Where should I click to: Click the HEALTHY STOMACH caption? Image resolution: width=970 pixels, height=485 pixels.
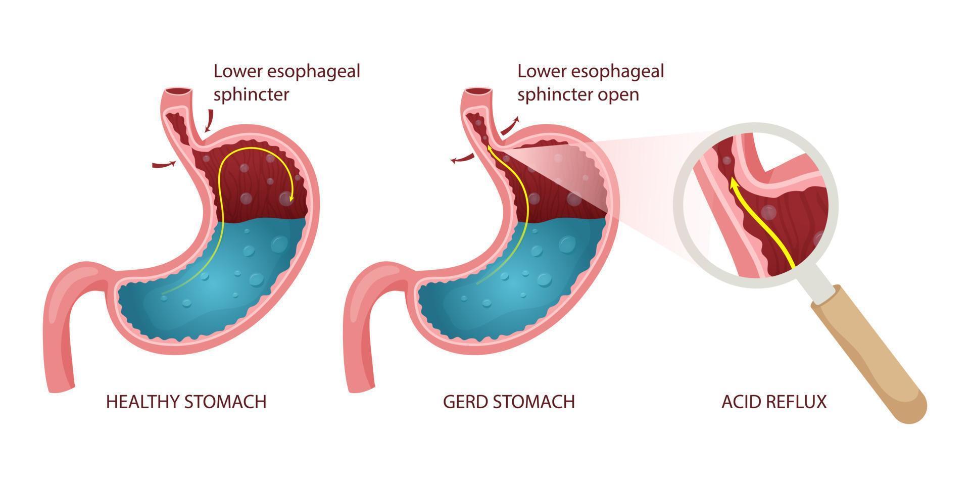[186, 402]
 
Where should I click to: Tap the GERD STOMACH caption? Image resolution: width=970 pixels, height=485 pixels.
[509, 402]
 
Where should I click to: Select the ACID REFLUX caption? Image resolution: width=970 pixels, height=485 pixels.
[774, 402]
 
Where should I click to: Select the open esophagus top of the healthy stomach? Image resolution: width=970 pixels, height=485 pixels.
[179, 93]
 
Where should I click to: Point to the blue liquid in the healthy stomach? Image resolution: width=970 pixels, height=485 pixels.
[217, 283]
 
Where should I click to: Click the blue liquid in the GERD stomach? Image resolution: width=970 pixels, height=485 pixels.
[515, 283]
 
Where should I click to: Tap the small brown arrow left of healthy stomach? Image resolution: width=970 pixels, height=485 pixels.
[164, 164]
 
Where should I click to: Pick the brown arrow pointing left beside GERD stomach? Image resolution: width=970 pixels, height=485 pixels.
[462, 160]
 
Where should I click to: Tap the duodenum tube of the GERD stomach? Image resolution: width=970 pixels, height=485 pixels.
[369, 323]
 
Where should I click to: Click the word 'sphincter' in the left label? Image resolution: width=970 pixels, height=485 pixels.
[251, 95]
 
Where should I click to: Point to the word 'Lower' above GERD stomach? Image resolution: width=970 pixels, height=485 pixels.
[540, 71]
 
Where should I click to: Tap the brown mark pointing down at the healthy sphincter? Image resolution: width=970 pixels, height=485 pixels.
[208, 121]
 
